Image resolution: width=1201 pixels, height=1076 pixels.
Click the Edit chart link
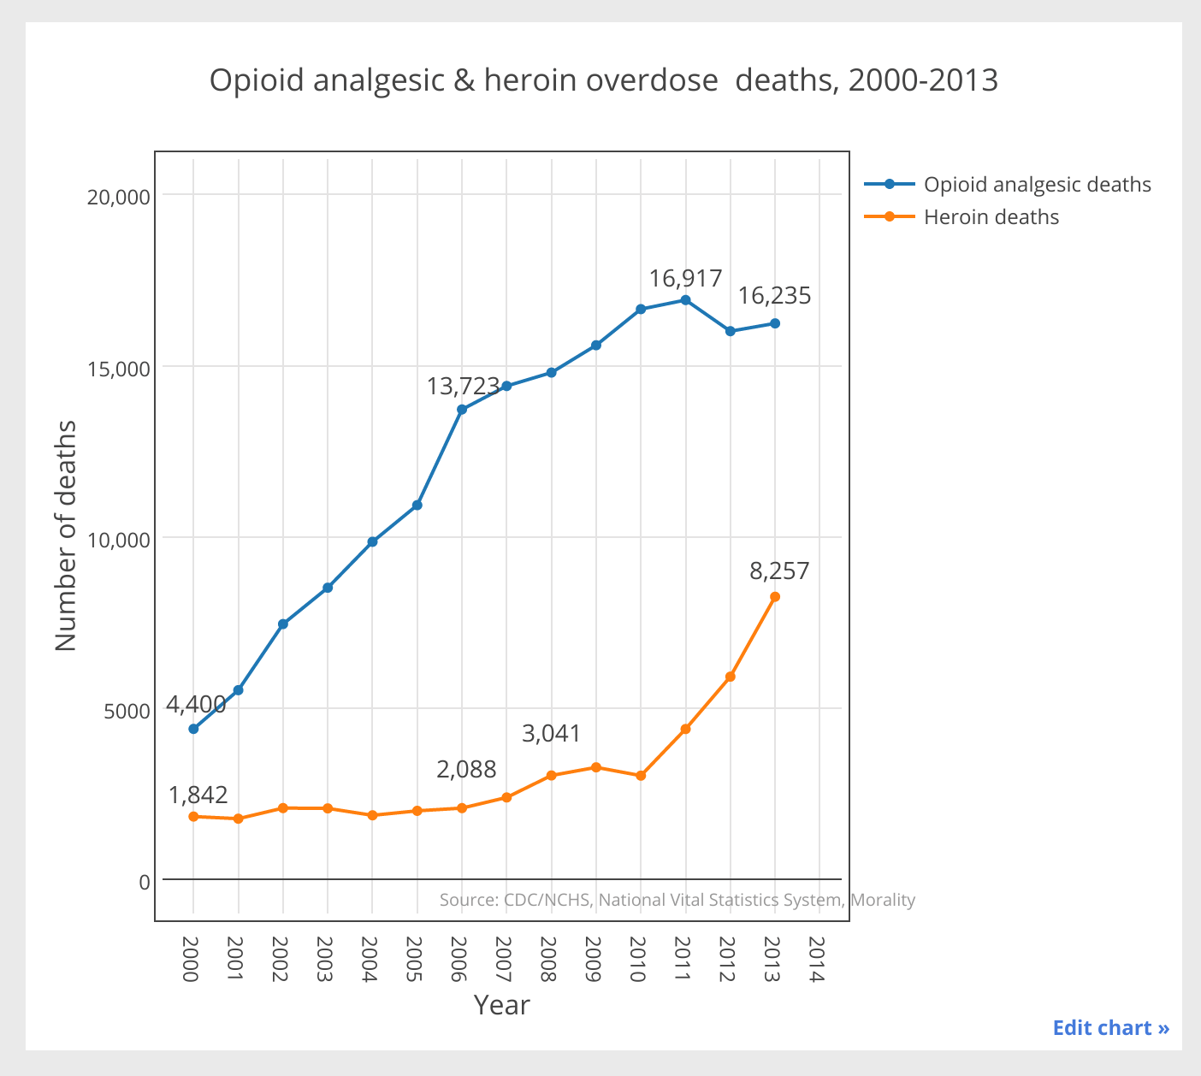coord(1110,1027)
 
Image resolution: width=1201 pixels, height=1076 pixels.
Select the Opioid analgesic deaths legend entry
coord(1037,185)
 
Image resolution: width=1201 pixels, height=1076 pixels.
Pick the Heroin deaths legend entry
coord(991,217)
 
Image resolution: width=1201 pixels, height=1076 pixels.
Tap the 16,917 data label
coord(685,279)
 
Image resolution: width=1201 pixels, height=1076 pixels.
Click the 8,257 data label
coord(779,571)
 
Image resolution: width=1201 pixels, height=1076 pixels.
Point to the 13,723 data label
coord(463,387)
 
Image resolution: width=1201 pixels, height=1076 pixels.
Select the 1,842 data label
coord(198,795)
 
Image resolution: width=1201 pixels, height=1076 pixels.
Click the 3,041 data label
coord(551,734)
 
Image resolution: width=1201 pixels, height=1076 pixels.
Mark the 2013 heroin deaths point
coord(775,597)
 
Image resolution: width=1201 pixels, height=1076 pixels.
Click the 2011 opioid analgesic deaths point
coord(685,300)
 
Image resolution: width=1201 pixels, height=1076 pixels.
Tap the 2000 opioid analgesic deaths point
coord(193,729)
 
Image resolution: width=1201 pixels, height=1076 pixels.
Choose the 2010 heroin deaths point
coord(641,776)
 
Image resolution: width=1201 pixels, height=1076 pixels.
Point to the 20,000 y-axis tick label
coord(119,197)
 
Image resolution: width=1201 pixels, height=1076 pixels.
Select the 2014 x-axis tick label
coord(817,960)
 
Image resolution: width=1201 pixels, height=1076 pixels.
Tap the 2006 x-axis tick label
coord(459,960)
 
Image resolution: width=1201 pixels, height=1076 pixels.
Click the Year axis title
coord(501,1005)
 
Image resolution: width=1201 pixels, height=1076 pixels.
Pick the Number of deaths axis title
coord(66,536)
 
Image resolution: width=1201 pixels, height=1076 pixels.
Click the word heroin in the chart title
coord(531,80)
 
